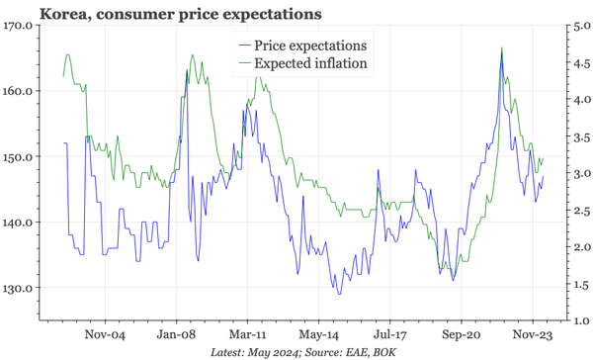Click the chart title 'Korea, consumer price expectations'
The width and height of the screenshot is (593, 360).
[x=164, y=14]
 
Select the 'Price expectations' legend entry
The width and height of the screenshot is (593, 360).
[x=310, y=45]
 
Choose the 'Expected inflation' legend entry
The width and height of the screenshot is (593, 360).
[x=310, y=63]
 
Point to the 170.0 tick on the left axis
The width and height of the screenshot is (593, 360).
[x=19, y=26]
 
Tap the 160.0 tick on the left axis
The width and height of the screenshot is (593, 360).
[x=19, y=91]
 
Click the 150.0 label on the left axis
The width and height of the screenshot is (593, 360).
[x=19, y=156]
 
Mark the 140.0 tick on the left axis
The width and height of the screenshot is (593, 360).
[x=19, y=223]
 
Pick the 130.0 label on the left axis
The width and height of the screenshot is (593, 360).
[x=19, y=288]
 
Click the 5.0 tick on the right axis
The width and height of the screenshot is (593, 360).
[x=578, y=26]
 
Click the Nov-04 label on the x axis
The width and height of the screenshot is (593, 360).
[x=104, y=334]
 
